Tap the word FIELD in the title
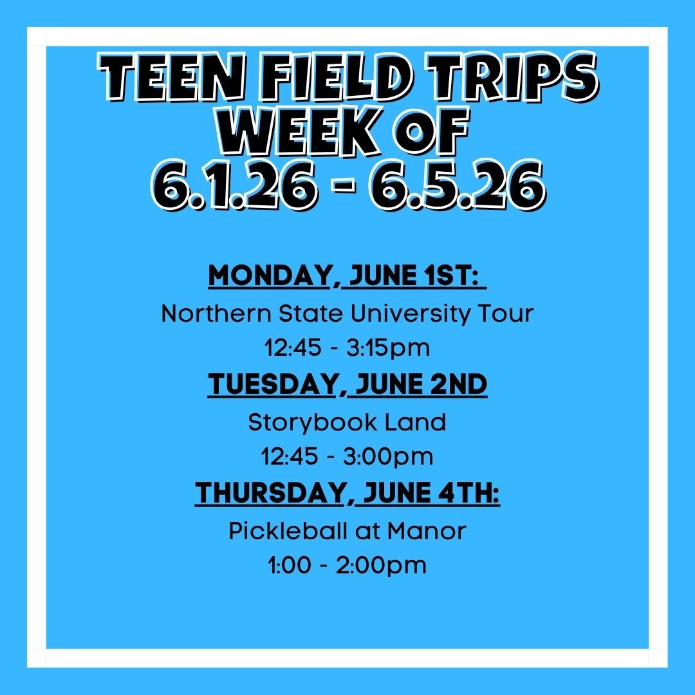335,78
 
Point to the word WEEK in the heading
301,131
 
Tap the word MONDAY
269,275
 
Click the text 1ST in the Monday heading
450,275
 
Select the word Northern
216,313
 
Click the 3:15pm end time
388,348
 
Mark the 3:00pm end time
388,457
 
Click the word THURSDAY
270,492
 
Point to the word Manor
427,531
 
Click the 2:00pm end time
381,566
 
